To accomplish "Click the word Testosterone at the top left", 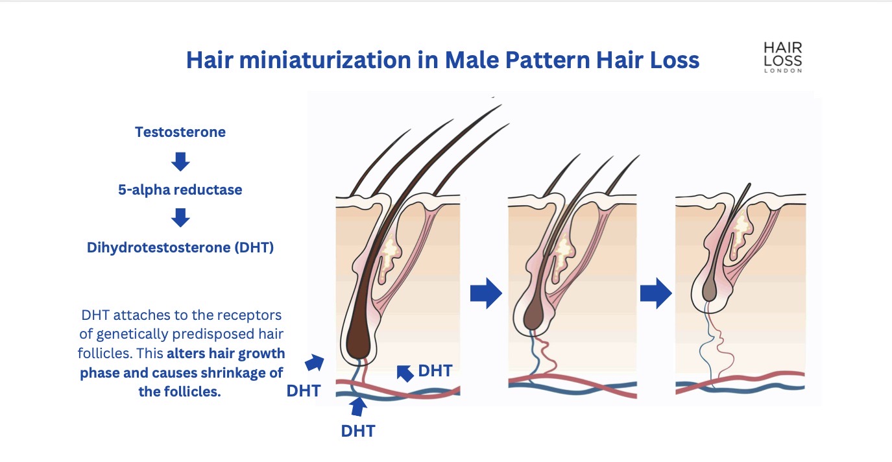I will pyautogui.click(x=180, y=132).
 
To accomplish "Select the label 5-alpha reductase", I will pyautogui.click(x=180, y=190).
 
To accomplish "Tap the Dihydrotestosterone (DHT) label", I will pyautogui.click(x=180, y=247).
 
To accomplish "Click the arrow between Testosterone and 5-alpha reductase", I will pyautogui.click(x=180, y=161).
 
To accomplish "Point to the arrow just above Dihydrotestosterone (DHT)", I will pyautogui.click(x=180, y=218).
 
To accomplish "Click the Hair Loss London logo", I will pyautogui.click(x=782, y=57).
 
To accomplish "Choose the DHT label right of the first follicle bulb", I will pyautogui.click(x=435, y=371).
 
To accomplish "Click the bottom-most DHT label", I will pyautogui.click(x=358, y=431).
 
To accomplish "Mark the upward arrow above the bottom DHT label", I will pyautogui.click(x=358, y=407).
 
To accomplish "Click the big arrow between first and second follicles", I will pyautogui.click(x=486, y=295).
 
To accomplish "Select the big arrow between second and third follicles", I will pyautogui.click(x=655, y=295).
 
